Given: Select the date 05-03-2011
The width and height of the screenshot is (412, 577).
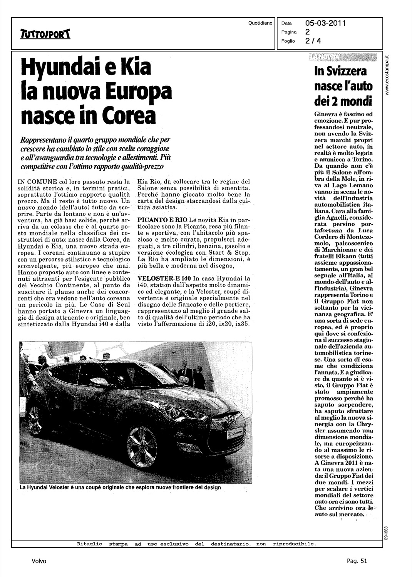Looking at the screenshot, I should (325, 23).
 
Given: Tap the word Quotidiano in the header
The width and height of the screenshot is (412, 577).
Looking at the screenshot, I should (260, 23).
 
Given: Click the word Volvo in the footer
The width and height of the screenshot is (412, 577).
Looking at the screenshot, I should (39, 561).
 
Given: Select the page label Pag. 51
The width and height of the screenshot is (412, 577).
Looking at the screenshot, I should (357, 561).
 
